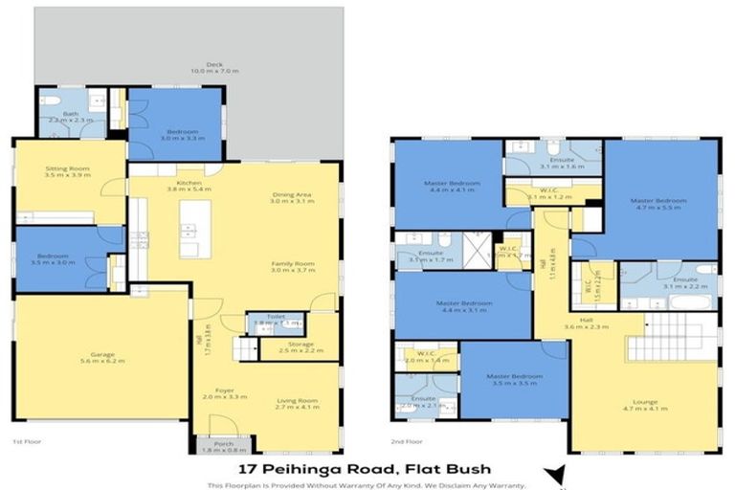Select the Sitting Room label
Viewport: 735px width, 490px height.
click(x=67, y=172)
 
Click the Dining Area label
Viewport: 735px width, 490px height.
click(x=291, y=197)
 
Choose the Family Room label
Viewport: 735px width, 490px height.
click(x=292, y=267)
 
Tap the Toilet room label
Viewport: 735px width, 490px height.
click(x=276, y=319)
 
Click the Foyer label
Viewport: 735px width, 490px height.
click(x=225, y=392)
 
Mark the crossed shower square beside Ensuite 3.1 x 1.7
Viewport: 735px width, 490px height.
click(x=477, y=251)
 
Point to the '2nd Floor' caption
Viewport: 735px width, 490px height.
click(x=407, y=442)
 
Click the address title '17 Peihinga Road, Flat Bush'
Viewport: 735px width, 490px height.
click(x=367, y=469)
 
